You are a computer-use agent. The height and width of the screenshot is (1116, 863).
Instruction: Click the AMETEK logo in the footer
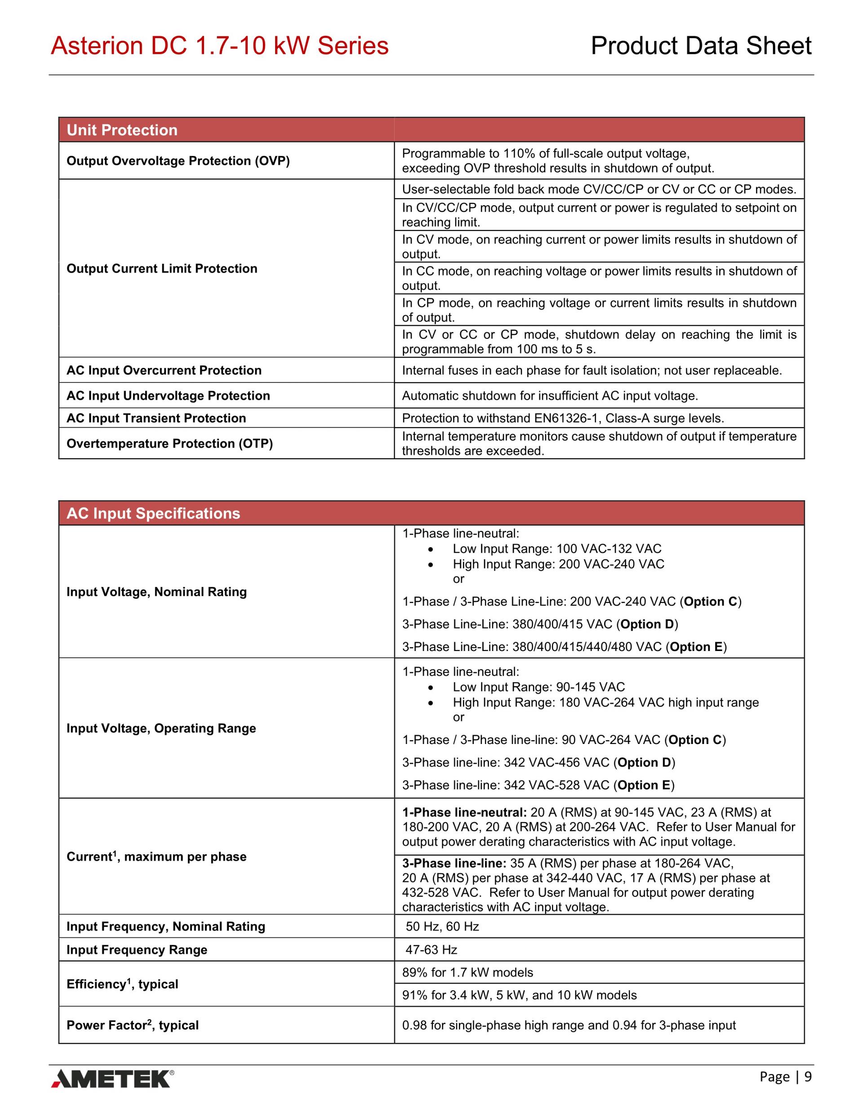[x=112, y=1078]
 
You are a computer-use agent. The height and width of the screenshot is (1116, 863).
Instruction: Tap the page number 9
[x=808, y=1076]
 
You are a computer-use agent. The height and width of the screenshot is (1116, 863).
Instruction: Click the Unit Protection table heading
[x=122, y=130]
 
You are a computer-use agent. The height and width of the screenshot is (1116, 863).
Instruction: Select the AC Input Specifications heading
[x=153, y=514]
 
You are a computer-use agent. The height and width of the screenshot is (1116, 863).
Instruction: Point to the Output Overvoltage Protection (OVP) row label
[x=178, y=161]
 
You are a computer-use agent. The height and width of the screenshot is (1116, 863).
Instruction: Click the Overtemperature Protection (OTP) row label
[x=170, y=443]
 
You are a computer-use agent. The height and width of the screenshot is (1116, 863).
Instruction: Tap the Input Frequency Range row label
[x=137, y=949]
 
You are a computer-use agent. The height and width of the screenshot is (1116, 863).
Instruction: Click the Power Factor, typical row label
[x=133, y=1025]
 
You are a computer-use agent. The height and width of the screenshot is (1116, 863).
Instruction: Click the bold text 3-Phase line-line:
[x=454, y=864]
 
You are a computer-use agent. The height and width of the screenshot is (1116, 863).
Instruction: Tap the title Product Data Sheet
[x=701, y=46]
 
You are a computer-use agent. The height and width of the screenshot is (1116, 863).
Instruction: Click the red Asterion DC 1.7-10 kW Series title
[x=220, y=46]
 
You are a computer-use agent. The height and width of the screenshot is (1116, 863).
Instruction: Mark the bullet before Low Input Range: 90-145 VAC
[x=431, y=687]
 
